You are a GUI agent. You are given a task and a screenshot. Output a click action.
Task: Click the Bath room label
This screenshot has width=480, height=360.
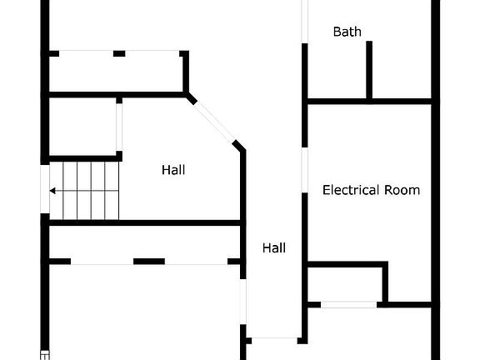coord(347,32)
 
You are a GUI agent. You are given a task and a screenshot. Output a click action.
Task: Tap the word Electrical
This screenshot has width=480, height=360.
coord(351,190)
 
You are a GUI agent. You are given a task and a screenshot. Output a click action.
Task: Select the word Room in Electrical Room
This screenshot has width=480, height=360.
coord(402,190)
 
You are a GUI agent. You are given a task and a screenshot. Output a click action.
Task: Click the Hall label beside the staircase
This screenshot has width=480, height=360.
coord(173,170)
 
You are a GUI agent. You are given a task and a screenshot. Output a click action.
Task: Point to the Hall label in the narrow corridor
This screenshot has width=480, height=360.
coord(274,248)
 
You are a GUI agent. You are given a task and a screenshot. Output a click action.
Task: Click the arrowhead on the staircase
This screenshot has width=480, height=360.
coord(52,191)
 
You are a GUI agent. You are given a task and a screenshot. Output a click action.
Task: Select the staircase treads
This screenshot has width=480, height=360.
coord(84,191)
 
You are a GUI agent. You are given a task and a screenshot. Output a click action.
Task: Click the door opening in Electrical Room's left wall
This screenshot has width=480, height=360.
coord(305,170)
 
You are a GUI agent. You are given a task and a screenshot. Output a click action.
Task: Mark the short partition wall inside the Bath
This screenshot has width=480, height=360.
coord(369,70)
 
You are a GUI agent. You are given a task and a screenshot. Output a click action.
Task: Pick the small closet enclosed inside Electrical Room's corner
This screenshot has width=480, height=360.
coord(345,284)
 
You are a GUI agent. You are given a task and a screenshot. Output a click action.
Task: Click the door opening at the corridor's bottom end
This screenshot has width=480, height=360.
coord(274,340)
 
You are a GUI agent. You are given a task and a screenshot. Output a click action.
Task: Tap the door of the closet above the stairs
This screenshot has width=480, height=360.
coord(119,127)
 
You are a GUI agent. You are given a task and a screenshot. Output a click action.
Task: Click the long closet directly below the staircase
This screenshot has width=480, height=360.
coord(144,242)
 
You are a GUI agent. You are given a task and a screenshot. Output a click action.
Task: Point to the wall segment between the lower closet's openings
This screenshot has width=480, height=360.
coord(149,262)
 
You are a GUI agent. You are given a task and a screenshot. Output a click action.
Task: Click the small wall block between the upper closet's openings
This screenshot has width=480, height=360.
coord(119,53)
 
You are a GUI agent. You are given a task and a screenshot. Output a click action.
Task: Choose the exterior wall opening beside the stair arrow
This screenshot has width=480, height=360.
coord(45,189)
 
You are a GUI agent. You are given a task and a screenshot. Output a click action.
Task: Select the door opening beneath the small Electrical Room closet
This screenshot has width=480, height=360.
coord(348,305)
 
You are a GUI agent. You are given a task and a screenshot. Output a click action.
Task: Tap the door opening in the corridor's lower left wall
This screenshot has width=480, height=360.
coord(243,302)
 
